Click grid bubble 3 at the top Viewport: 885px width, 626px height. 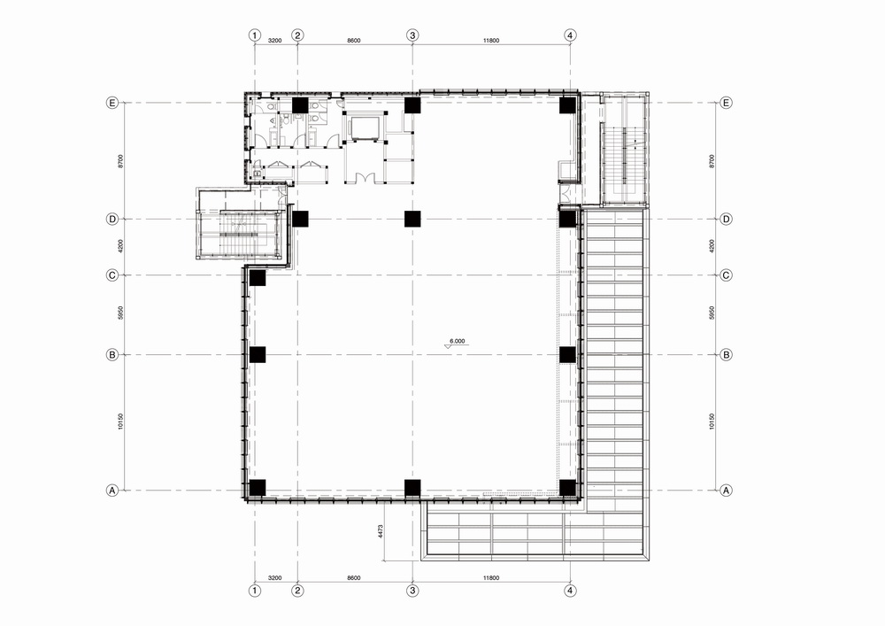click(412, 35)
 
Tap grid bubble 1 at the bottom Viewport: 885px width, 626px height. click(255, 590)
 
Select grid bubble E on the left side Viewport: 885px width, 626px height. click(112, 103)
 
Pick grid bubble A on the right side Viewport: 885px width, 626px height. click(726, 490)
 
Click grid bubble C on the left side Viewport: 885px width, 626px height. click(112, 274)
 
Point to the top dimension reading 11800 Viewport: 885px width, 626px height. click(491, 40)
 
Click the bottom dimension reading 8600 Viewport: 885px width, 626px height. click(354, 578)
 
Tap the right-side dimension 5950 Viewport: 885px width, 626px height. click(712, 314)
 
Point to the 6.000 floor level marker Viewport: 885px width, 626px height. click(458, 341)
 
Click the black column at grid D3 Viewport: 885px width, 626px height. click(412, 219)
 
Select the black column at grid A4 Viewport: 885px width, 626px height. click(567, 487)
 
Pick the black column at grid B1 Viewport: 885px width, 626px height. click(258, 354)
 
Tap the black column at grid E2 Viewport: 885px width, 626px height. click(299, 105)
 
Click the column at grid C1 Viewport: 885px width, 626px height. click(258, 277)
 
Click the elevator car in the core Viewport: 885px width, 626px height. click(363, 128)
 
